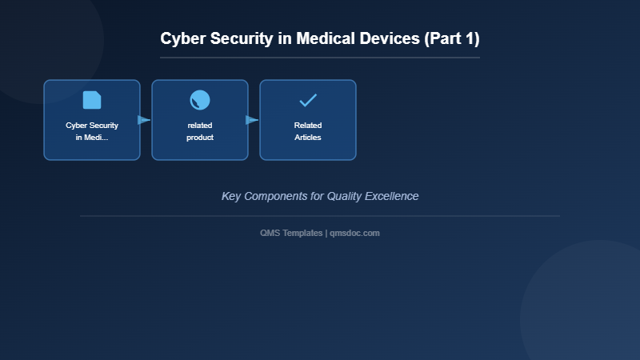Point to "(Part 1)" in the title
click(x=451, y=38)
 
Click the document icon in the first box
click(x=92, y=100)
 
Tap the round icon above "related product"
click(x=200, y=100)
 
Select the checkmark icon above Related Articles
click(x=308, y=100)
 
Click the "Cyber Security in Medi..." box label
click(x=92, y=131)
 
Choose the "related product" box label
click(x=200, y=131)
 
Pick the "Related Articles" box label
click(x=308, y=131)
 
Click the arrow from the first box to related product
click(x=144, y=120)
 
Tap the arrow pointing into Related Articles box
click(x=252, y=120)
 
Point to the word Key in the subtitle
click(x=231, y=196)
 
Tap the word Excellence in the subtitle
click(x=393, y=196)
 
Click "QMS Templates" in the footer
click(x=291, y=233)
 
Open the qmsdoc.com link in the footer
click(x=354, y=233)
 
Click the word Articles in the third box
click(x=308, y=138)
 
